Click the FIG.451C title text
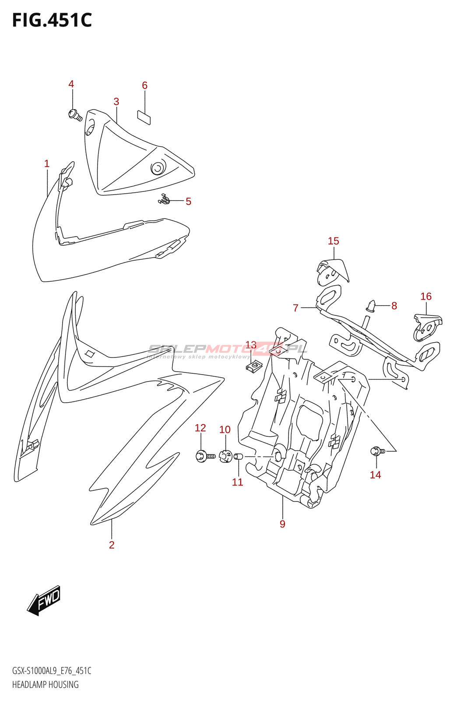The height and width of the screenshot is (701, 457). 52,20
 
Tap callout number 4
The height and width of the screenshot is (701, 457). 71,84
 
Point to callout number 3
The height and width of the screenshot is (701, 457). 116,102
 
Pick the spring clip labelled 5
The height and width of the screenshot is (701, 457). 165,200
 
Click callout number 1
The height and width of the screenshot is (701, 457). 47,164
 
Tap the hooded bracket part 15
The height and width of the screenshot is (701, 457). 332,271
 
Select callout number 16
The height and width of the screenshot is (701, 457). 426,297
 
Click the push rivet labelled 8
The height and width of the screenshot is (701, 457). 371,306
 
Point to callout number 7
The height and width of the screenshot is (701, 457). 296,308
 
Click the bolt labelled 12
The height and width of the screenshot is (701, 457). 204,456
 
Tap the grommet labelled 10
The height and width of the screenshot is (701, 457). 225,457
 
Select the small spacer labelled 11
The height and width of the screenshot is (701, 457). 238,457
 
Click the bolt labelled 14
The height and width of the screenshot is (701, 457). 377,451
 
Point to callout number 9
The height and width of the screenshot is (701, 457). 282,524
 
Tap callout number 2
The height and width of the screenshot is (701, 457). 112,545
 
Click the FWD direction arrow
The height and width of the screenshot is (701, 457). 44,600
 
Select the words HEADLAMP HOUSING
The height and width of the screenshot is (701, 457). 46,684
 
